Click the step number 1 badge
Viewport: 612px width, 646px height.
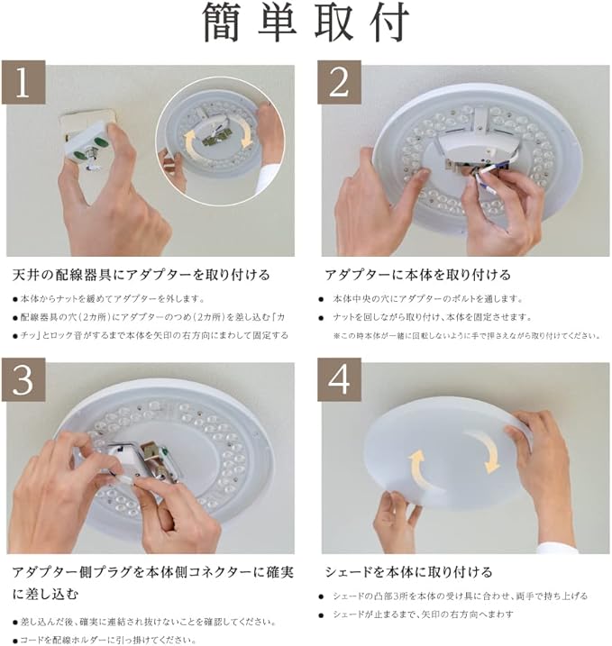point(23,82)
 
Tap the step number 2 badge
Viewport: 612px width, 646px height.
point(339,82)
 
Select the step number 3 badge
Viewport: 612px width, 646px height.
point(23,379)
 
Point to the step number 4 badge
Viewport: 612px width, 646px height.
point(339,379)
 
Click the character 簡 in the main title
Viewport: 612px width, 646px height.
point(222,22)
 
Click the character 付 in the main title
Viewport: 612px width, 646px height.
point(388,22)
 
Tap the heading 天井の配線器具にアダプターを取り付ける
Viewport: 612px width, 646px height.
point(141,275)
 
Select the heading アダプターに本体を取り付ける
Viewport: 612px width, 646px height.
point(417,275)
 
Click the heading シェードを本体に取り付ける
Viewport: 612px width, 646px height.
point(408,572)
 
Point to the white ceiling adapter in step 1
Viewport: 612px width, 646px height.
point(87,146)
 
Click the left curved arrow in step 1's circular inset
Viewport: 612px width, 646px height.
point(191,143)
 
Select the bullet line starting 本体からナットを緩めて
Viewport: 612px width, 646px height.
point(109,299)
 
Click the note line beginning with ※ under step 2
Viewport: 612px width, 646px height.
point(466,336)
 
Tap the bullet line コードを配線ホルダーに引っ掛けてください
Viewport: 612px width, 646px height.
point(105,640)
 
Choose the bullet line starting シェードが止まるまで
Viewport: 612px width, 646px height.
point(416,614)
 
